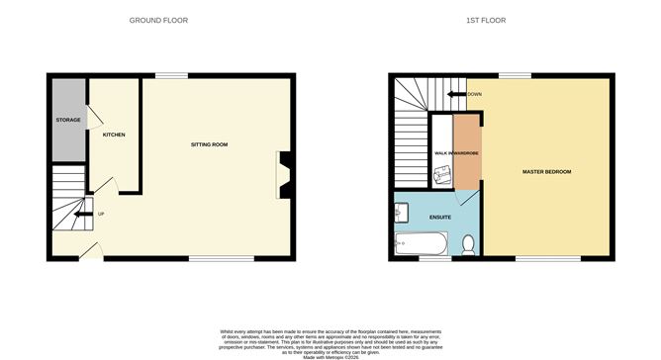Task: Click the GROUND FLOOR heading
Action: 159,20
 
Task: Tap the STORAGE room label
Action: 68,120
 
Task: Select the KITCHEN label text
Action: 114,135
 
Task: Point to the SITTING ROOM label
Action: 209,144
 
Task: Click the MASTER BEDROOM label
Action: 546,172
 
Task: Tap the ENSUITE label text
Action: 440,216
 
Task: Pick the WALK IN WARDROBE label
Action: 456,153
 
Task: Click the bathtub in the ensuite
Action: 422,241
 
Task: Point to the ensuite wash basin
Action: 401,211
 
